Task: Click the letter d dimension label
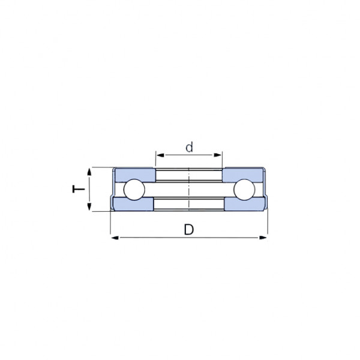coord(189,148)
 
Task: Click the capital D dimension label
coord(189,229)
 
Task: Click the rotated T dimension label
coord(79,189)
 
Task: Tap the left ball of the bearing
coord(134,190)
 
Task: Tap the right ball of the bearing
coord(244,190)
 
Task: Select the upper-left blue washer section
coord(135,175)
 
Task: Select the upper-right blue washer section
coord(242,175)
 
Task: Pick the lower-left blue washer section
coord(133,204)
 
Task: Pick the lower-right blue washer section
coord(245,204)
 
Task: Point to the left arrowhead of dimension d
coord(160,155)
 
